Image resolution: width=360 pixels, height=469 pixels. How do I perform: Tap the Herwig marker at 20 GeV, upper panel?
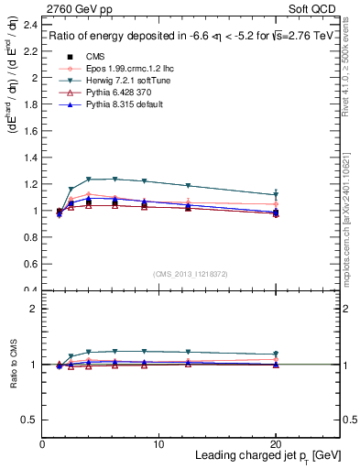276,195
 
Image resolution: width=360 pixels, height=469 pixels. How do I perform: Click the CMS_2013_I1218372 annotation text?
190,273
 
